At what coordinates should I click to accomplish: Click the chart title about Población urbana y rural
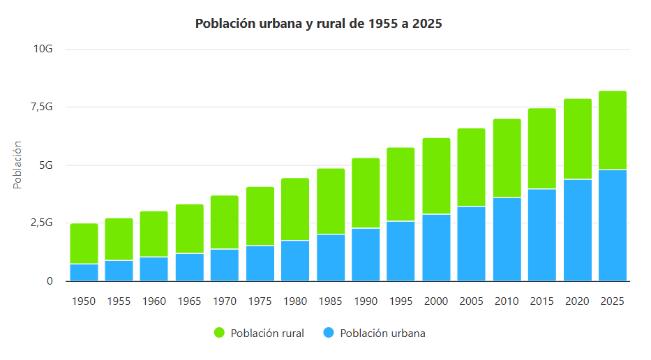coord(319,24)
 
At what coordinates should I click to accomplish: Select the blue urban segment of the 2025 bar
coord(612,225)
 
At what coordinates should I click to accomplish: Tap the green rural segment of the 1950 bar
coord(84,243)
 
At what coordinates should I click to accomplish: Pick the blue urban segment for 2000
coord(436,248)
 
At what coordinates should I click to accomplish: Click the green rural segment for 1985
coord(331,201)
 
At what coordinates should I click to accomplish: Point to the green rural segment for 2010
coord(507,158)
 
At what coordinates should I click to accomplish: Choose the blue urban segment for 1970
coord(225,265)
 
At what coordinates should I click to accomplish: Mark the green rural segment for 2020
coord(577,140)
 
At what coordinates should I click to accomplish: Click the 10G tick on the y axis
coord(43,49)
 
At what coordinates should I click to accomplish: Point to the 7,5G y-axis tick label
coord(41,107)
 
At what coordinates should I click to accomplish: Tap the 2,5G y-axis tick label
coord(41,223)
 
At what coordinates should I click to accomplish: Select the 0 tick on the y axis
coord(50,281)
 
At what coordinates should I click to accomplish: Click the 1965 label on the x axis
coord(189,301)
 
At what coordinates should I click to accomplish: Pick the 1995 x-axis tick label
coord(401,301)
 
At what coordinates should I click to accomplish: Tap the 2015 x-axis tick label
coord(541,301)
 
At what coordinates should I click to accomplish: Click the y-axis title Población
coord(18,165)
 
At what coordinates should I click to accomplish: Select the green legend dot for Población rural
coord(219,333)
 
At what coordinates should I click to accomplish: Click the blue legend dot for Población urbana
coord(329,333)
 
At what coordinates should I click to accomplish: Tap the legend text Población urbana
coord(382,333)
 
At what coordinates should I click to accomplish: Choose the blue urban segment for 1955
coord(119,271)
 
